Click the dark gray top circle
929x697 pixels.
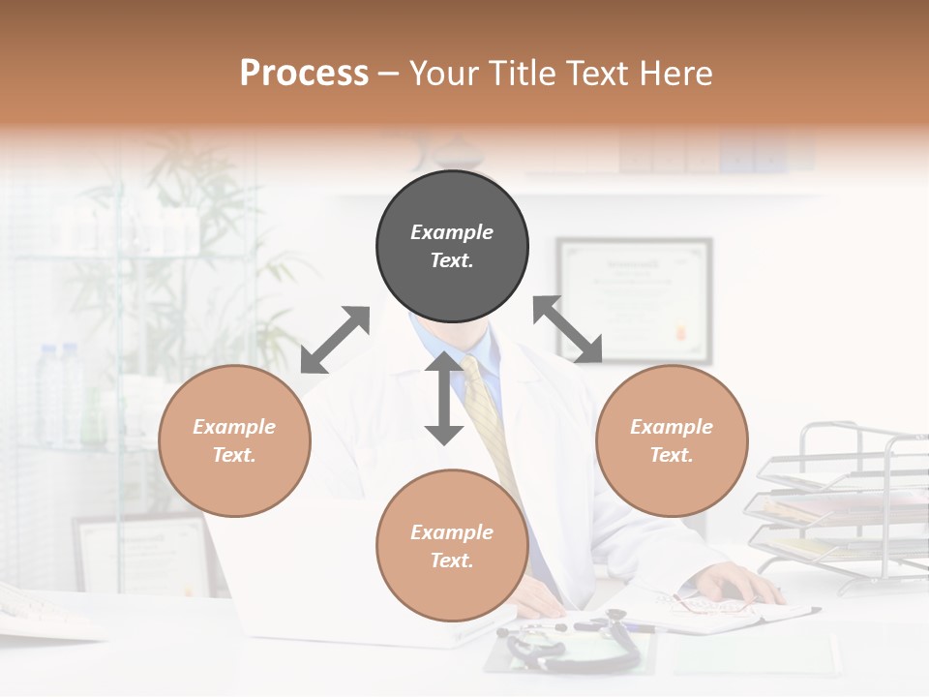click(452, 247)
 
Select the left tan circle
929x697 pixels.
click(234, 441)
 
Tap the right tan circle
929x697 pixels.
click(672, 441)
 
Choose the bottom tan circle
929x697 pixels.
click(452, 546)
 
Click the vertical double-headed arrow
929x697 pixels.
click(444, 398)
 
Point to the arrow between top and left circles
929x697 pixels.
click(335, 340)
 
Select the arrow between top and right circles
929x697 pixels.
click(568, 329)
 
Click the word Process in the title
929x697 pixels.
click(304, 74)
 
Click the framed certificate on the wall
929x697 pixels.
click(634, 299)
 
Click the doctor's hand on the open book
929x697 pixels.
click(740, 584)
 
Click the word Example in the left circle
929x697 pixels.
click(234, 427)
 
